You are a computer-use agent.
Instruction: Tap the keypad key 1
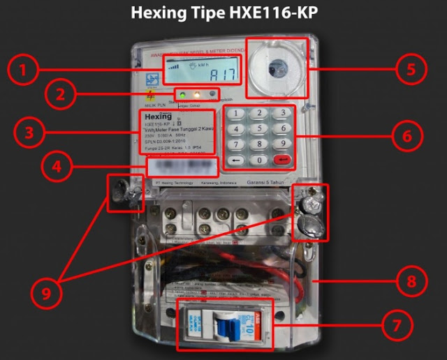[x=237, y=114]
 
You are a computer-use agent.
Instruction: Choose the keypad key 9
[x=281, y=144]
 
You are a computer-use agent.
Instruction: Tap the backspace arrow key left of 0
[x=237, y=160]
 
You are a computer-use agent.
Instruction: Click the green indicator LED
[x=182, y=93]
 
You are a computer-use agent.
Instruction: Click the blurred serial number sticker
[x=182, y=166]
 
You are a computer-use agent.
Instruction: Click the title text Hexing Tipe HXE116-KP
[x=223, y=13]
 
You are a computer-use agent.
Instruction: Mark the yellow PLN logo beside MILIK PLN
[x=149, y=95]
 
